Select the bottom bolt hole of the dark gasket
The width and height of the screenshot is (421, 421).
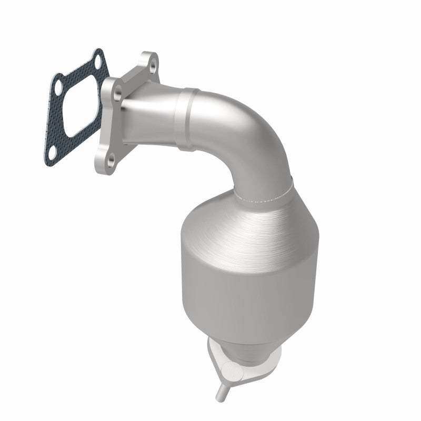point(51,151)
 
